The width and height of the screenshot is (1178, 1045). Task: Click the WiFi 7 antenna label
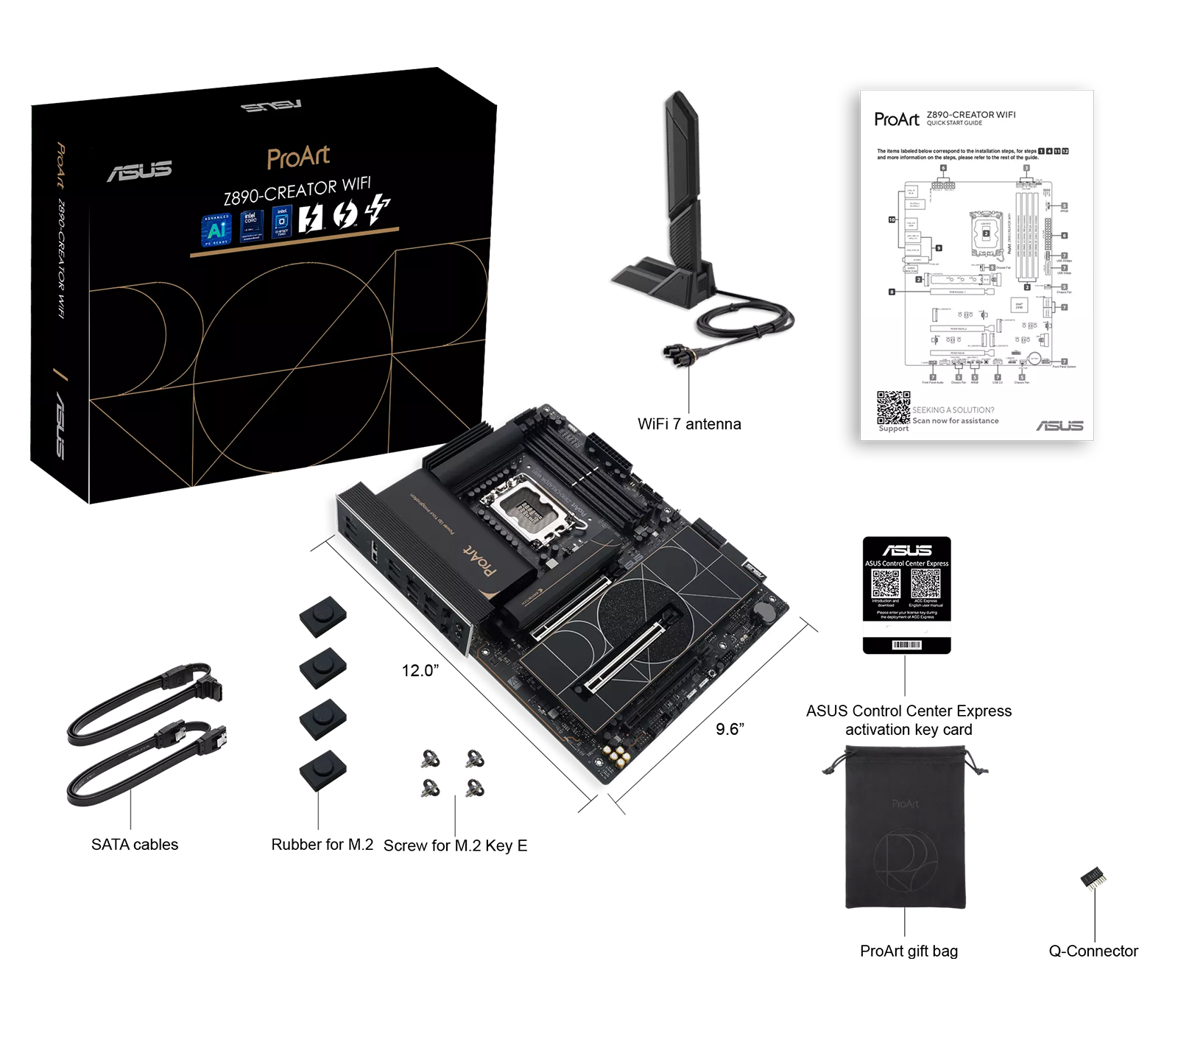(x=688, y=424)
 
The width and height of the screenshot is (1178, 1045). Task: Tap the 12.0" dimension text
(x=420, y=671)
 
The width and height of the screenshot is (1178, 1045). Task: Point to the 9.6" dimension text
(x=730, y=729)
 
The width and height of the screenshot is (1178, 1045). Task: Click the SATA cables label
(x=135, y=845)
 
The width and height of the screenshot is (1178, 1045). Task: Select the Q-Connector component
(x=1093, y=879)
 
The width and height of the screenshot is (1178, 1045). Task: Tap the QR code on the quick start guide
(x=893, y=408)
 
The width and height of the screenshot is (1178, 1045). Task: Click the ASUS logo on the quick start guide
(x=1059, y=426)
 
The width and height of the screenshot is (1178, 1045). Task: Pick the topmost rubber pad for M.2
(x=322, y=616)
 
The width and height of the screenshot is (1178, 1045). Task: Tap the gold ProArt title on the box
(x=298, y=157)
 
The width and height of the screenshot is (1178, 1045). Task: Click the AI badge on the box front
(x=216, y=231)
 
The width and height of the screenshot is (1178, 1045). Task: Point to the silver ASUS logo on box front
(x=140, y=171)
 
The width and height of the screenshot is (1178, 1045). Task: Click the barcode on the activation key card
(x=906, y=645)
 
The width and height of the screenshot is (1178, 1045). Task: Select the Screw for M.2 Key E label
(x=455, y=845)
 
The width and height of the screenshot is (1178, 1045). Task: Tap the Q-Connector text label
(x=1093, y=951)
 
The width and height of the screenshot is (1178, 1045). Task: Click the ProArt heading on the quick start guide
(x=896, y=119)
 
